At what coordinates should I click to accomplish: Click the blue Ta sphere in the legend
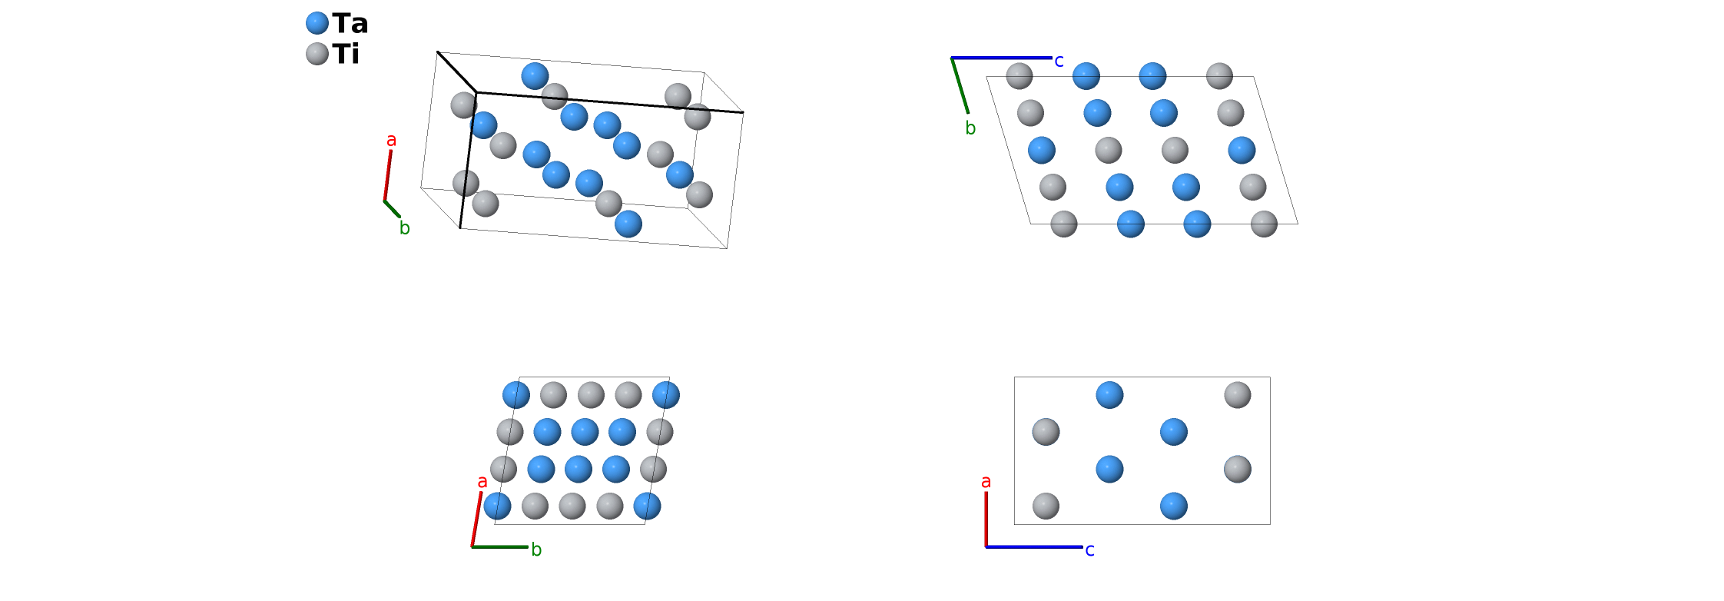[317, 23]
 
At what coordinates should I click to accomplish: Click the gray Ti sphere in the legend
[317, 54]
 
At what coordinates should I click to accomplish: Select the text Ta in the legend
[350, 24]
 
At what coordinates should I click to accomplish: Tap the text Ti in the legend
[346, 54]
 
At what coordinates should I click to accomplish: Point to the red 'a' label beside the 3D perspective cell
[392, 141]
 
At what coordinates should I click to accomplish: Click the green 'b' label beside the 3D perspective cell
[405, 228]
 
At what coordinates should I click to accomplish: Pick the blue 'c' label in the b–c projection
[1059, 61]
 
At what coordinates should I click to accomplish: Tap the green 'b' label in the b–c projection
[970, 128]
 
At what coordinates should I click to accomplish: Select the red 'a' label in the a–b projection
[482, 482]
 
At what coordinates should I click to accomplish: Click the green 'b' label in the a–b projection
[536, 550]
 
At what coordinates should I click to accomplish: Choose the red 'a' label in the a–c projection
[986, 482]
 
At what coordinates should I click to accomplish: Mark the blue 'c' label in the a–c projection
[1089, 550]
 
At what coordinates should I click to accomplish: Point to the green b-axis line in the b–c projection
[960, 85]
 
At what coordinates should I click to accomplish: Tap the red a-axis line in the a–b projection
[476, 519]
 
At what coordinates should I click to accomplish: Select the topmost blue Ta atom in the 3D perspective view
[535, 76]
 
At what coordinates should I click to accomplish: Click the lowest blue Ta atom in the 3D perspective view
[628, 224]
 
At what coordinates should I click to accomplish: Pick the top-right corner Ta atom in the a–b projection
[665, 395]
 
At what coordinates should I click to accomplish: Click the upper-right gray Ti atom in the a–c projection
[1237, 395]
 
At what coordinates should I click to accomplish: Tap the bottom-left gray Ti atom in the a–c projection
[1046, 506]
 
